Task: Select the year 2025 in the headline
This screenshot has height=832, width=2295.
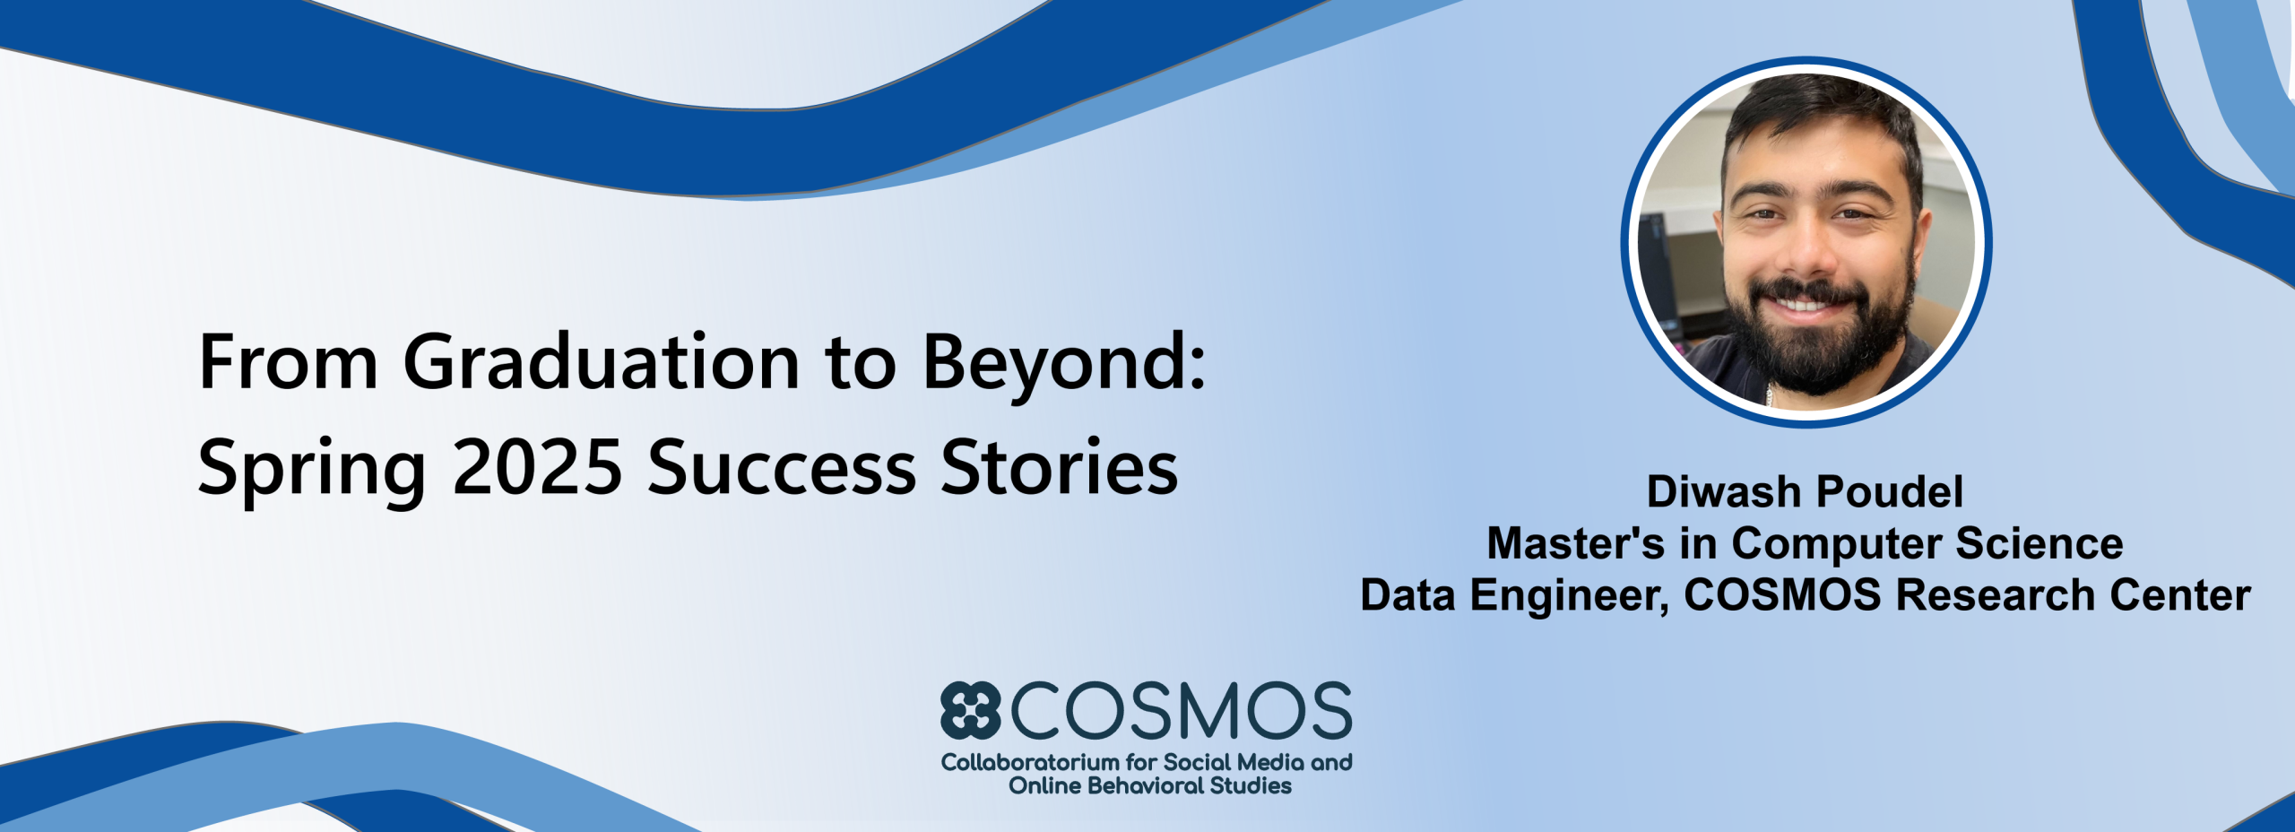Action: tap(537, 466)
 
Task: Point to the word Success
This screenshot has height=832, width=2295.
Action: tap(782, 466)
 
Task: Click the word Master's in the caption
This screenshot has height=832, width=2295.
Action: tap(1575, 543)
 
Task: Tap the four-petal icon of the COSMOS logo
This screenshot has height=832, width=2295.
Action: tap(970, 710)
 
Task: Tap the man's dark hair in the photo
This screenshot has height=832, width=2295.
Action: tap(1820, 117)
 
